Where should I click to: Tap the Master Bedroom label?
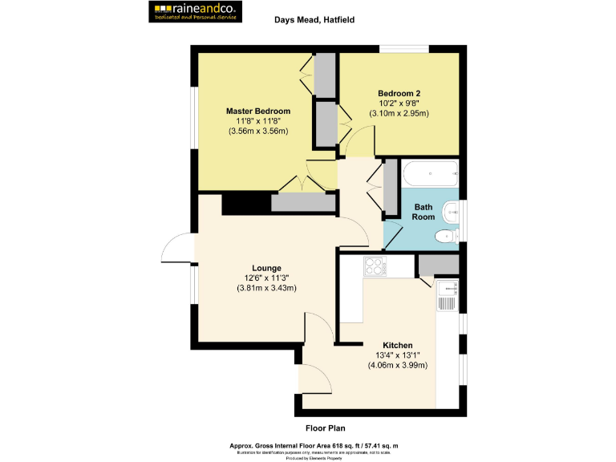(257, 111)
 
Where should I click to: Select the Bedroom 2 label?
(399, 93)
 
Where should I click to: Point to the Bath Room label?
(423, 212)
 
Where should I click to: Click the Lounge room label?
(266, 268)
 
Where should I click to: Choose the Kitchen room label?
(398, 346)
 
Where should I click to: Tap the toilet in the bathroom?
(444, 236)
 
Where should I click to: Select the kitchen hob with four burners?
(375, 265)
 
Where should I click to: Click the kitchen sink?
(447, 298)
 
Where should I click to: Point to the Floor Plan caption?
(325, 428)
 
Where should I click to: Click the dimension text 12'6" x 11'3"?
(266, 278)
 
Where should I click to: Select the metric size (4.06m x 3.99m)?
(398, 366)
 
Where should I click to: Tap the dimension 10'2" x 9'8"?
(399, 103)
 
